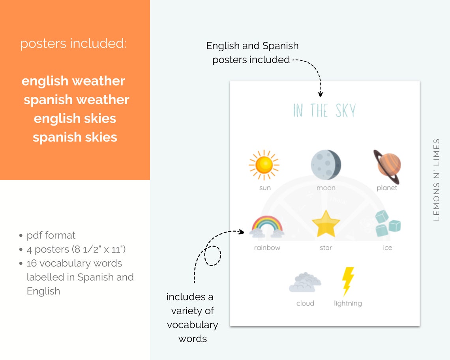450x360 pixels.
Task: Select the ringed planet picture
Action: click(x=387, y=166)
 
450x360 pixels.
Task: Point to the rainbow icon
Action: click(x=267, y=227)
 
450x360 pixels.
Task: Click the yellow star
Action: click(x=326, y=224)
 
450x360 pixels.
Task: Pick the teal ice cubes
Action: click(x=387, y=223)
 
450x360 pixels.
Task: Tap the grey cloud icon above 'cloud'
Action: click(x=305, y=283)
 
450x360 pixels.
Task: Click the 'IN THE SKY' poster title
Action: click(x=324, y=111)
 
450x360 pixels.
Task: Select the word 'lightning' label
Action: click(x=348, y=303)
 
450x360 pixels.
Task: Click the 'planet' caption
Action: click(x=387, y=188)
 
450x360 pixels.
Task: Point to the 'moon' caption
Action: click(x=326, y=188)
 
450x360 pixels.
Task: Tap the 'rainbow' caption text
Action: click(x=267, y=248)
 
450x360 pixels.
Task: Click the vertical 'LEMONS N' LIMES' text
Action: click(x=436, y=180)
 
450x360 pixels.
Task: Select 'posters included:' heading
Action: click(x=73, y=44)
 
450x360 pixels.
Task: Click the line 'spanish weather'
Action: click(x=77, y=100)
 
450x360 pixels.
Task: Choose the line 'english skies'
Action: click(x=75, y=118)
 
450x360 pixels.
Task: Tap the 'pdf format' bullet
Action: click(x=51, y=235)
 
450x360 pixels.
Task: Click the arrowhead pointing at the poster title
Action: click(x=321, y=94)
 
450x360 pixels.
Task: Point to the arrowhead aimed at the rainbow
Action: click(x=242, y=232)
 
